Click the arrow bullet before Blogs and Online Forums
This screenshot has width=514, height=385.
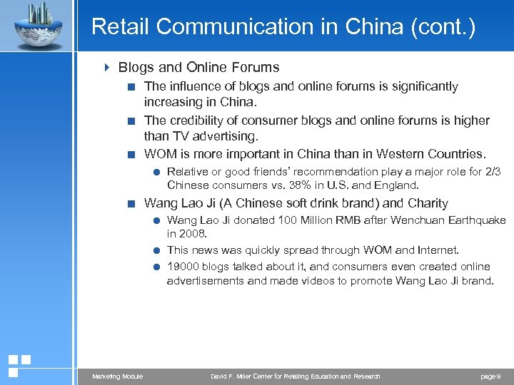[x=107, y=68]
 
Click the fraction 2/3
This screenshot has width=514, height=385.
[x=492, y=172]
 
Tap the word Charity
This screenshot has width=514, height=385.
[x=428, y=203]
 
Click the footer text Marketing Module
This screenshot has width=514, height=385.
[x=118, y=376]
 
